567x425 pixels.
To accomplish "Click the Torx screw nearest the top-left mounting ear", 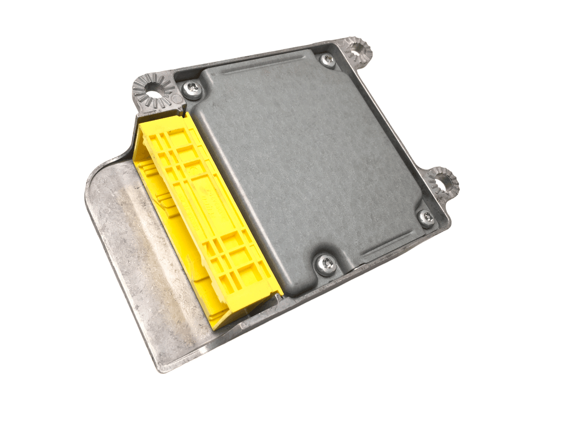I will pyautogui.click(x=193, y=89).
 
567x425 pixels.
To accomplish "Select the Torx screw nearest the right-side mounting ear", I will pyautogui.click(x=427, y=217).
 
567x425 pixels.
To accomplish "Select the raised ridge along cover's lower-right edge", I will pyautogui.click(x=390, y=248).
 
